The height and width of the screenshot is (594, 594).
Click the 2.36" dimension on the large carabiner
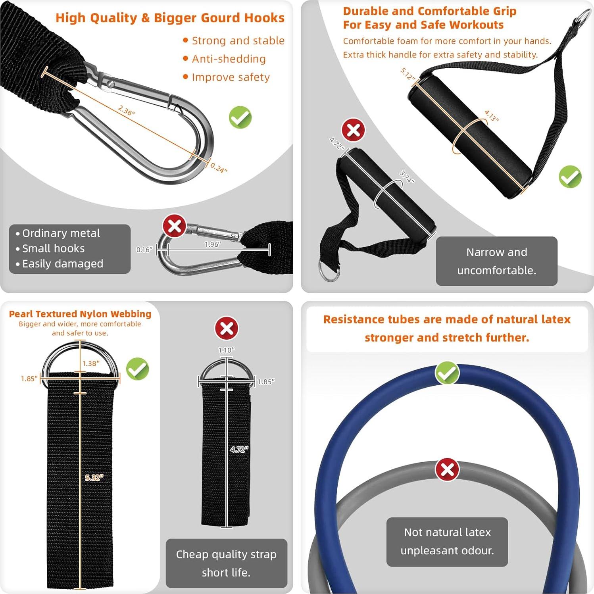(x=127, y=110)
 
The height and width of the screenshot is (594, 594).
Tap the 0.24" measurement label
(x=219, y=168)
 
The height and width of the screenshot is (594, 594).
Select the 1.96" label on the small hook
(x=213, y=244)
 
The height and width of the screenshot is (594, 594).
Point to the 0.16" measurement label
(x=144, y=250)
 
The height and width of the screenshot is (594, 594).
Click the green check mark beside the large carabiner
(x=240, y=117)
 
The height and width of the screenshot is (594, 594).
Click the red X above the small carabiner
(x=175, y=226)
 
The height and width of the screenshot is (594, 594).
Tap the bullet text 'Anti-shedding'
(x=229, y=59)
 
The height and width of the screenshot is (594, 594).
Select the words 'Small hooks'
(x=53, y=248)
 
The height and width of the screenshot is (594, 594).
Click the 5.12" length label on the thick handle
(x=408, y=74)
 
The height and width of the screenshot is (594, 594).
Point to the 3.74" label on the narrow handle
(x=407, y=177)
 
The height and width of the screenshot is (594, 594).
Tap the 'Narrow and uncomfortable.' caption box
(x=496, y=261)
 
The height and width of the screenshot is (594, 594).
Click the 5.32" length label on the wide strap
(x=94, y=477)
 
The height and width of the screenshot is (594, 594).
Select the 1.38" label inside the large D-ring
(x=91, y=363)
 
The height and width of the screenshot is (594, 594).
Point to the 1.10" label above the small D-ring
(x=227, y=350)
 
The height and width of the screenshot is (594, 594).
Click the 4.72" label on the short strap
(x=239, y=449)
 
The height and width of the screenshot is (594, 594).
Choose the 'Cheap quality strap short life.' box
(x=226, y=563)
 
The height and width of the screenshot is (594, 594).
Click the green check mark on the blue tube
(x=447, y=373)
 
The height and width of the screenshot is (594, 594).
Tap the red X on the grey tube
(x=447, y=470)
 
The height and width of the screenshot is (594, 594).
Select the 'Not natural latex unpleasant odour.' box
(x=447, y=542)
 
